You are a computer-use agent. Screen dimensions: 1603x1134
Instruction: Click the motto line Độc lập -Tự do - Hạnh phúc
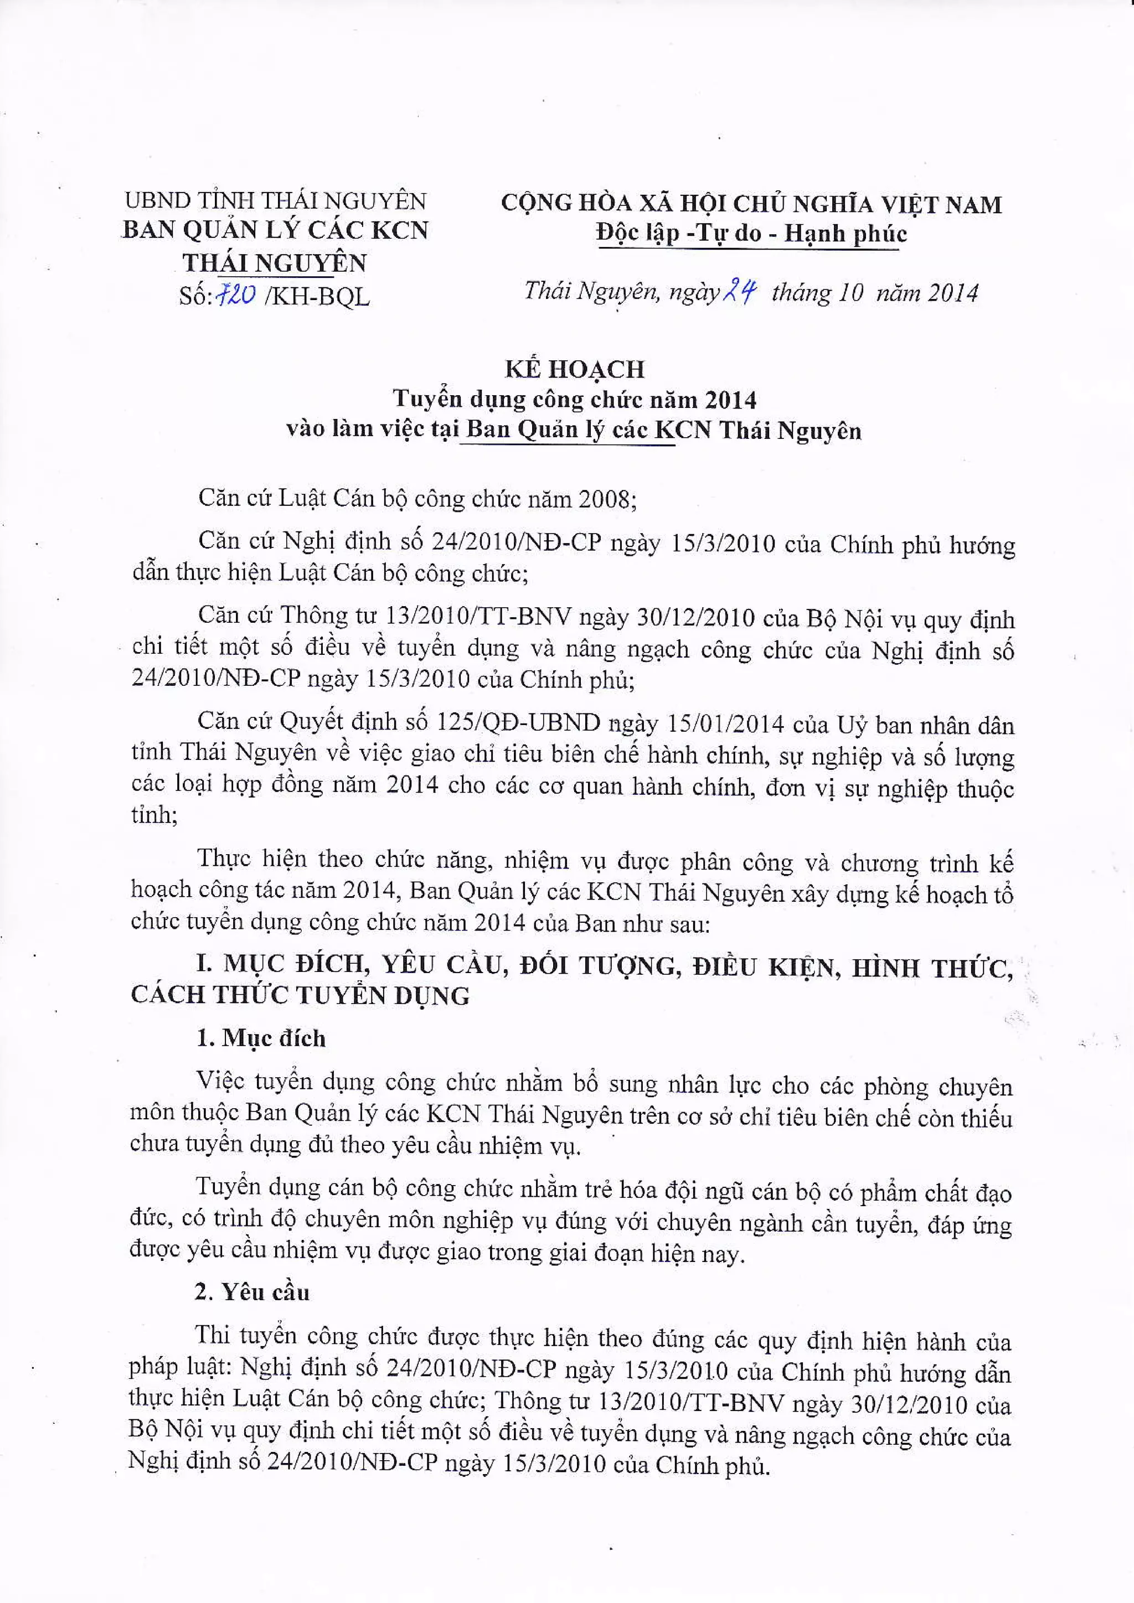(751, 233)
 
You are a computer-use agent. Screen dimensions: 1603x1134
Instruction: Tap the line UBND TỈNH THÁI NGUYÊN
(275, 201)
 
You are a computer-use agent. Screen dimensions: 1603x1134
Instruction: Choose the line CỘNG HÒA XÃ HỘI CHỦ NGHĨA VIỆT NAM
(751, 204)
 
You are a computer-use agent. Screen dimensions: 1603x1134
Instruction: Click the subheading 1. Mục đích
(260, 1038)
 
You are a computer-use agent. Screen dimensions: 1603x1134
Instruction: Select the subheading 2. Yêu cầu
(252, 1292)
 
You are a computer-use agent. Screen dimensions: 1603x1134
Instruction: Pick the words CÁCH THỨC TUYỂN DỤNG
(300, 996)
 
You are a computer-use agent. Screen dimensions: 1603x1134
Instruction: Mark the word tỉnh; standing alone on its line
(154, 815)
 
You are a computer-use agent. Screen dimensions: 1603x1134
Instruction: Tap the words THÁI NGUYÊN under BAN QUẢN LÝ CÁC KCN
(275, 263)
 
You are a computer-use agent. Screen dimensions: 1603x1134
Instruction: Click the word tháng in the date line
(801, 292)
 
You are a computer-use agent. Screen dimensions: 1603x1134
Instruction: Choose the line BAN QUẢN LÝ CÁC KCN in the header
(275, 231)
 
